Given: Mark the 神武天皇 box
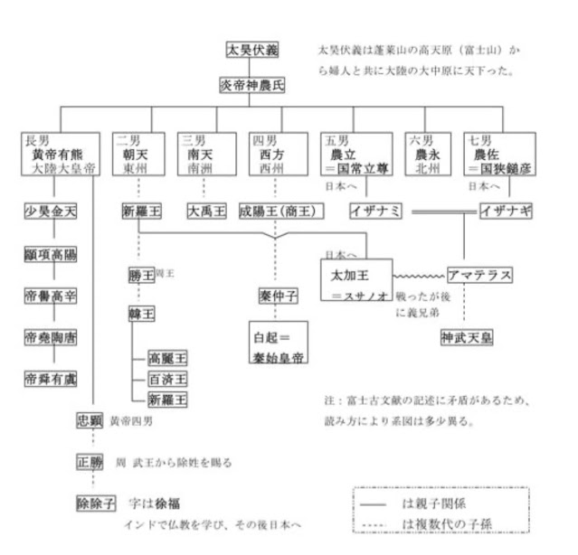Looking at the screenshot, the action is tap(467, 338).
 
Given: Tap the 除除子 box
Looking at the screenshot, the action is tap(97, 503).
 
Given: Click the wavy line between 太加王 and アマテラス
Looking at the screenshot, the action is tap(419, 274).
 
